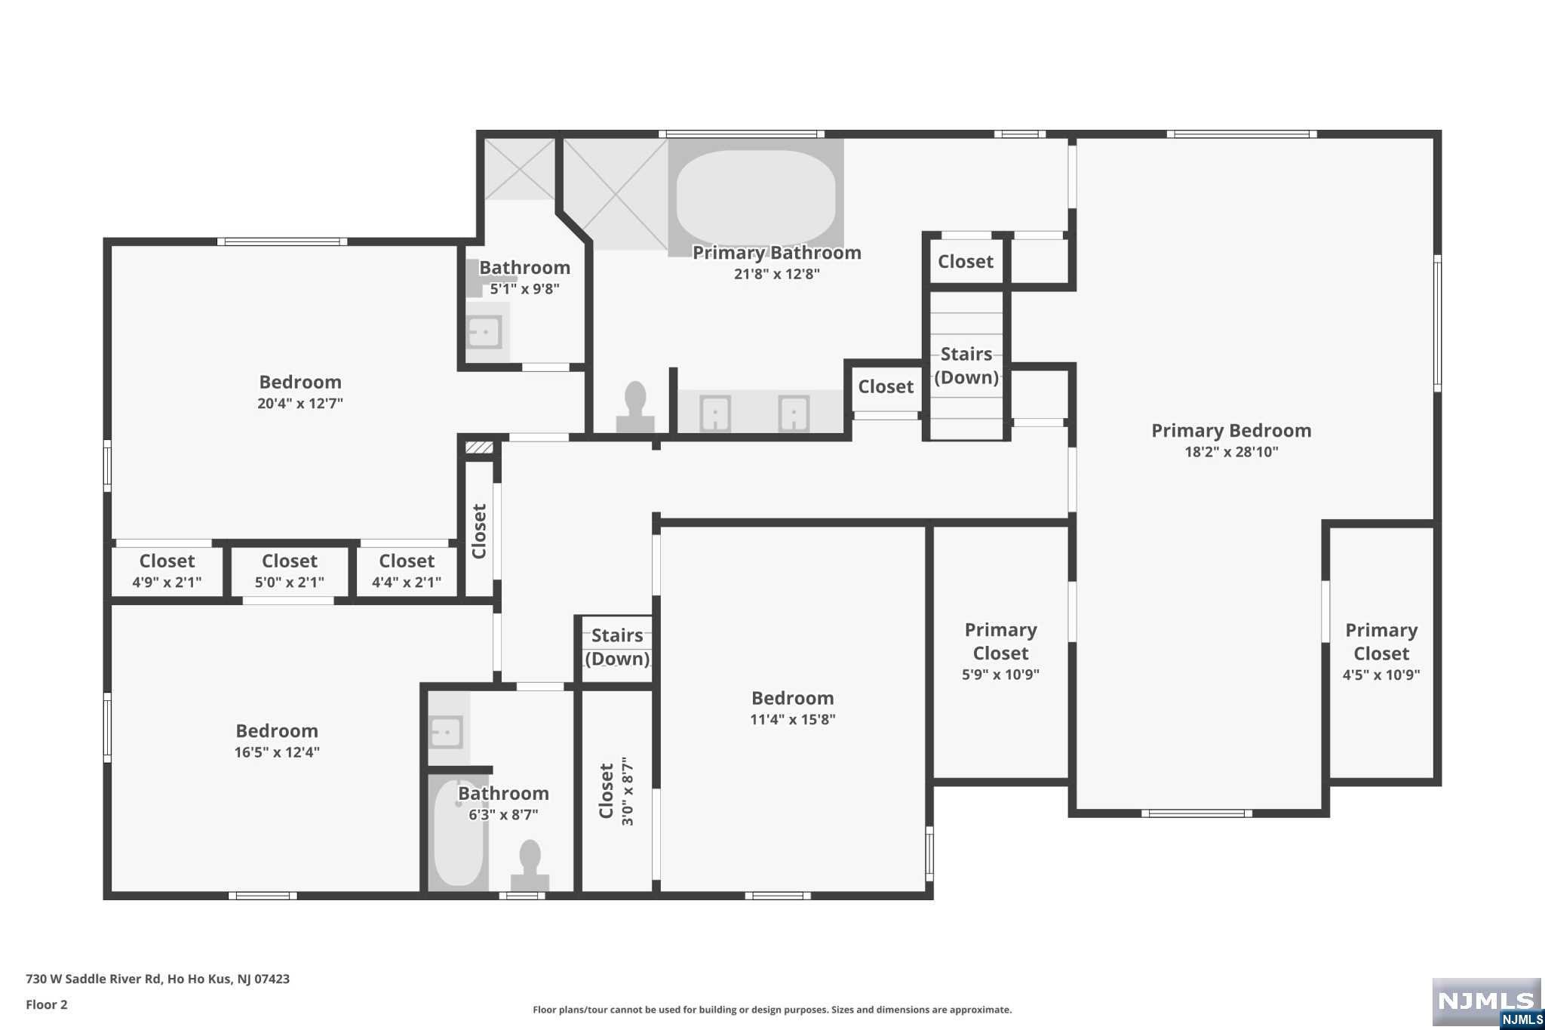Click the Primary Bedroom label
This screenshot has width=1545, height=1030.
point(1231,431)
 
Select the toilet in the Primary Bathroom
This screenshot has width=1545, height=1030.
point(635,407)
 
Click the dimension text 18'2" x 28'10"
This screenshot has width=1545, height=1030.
point(1231,452)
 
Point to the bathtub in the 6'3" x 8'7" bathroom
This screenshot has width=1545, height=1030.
point(458,832)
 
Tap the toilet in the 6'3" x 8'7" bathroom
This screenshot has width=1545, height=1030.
point(530,866)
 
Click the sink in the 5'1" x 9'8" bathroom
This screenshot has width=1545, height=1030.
point(484,331)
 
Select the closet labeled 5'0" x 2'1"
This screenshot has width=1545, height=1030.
point(290,571)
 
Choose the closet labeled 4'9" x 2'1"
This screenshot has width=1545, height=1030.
point(167,571)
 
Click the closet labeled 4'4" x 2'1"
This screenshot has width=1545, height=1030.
point(407,571)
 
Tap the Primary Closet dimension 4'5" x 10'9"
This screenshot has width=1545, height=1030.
point(1381,675)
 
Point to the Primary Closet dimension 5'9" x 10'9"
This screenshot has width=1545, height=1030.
point(1000,675)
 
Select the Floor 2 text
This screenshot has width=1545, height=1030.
point(47,1004)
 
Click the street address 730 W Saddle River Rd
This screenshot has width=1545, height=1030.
point(94,979)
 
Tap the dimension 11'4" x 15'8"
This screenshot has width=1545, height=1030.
point(793,719)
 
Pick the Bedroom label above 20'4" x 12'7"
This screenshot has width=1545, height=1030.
point(300,382)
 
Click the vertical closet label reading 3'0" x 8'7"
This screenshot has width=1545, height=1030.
point(628,791)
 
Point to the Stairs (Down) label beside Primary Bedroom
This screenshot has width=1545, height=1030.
point(966,365)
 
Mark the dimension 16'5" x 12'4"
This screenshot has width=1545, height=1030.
point(277,752)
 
